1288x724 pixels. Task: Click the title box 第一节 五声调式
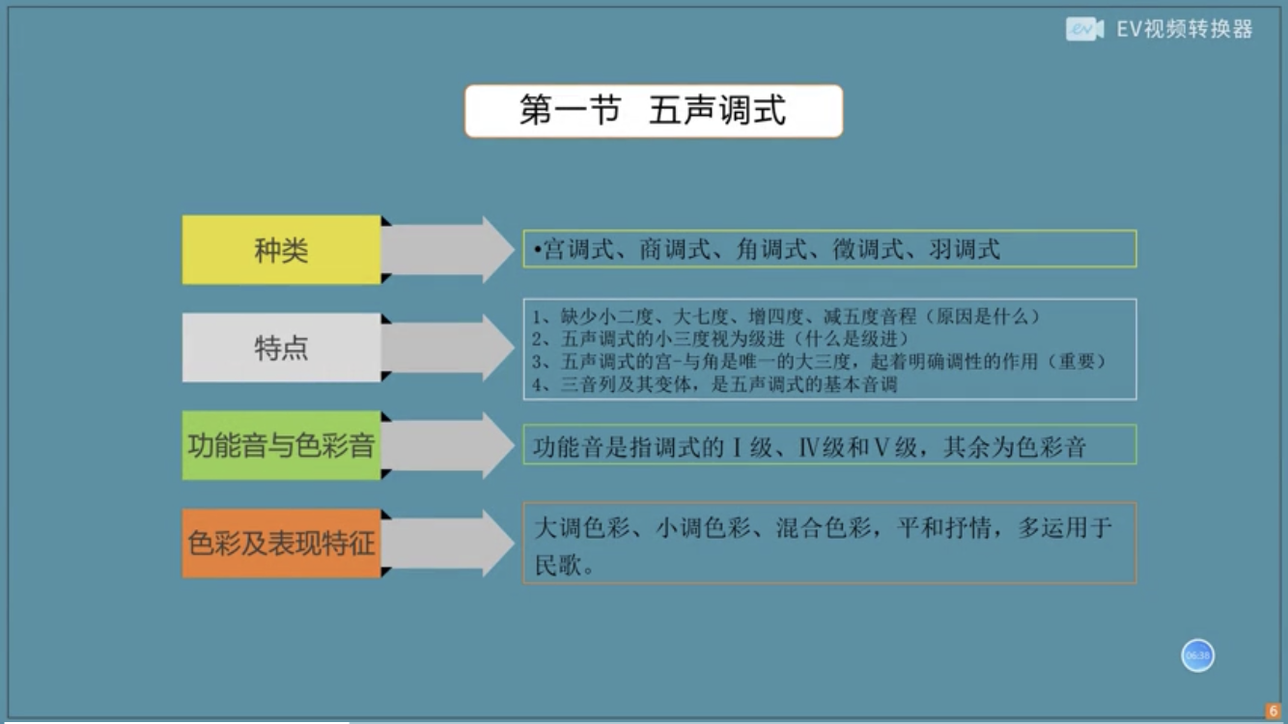(x=654, y=110)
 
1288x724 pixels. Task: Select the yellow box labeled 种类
(x=281, y=250)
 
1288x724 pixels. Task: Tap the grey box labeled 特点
(x=281, y=348)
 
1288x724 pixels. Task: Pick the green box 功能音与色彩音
(x=281, y=445)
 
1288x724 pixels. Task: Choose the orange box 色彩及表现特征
(x=281, y=543)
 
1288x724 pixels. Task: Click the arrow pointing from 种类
(x=448, y=250)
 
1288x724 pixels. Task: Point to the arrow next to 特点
(x=448, y=348)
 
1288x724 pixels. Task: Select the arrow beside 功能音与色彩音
(x=448, y=445)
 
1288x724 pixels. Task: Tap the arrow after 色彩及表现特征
(x=448, y=543)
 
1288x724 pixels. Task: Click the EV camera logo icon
(x=1084, y=29)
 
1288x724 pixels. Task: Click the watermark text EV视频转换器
(x=1185, y=29)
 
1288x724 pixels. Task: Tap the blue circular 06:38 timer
(x=1198, y=655)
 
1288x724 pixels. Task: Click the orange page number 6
(x=1273, y=710)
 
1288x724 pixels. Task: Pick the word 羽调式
(x=965, y=249)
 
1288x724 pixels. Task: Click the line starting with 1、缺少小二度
(x=786, y=317)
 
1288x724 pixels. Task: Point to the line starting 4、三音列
(x=714, y=383)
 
